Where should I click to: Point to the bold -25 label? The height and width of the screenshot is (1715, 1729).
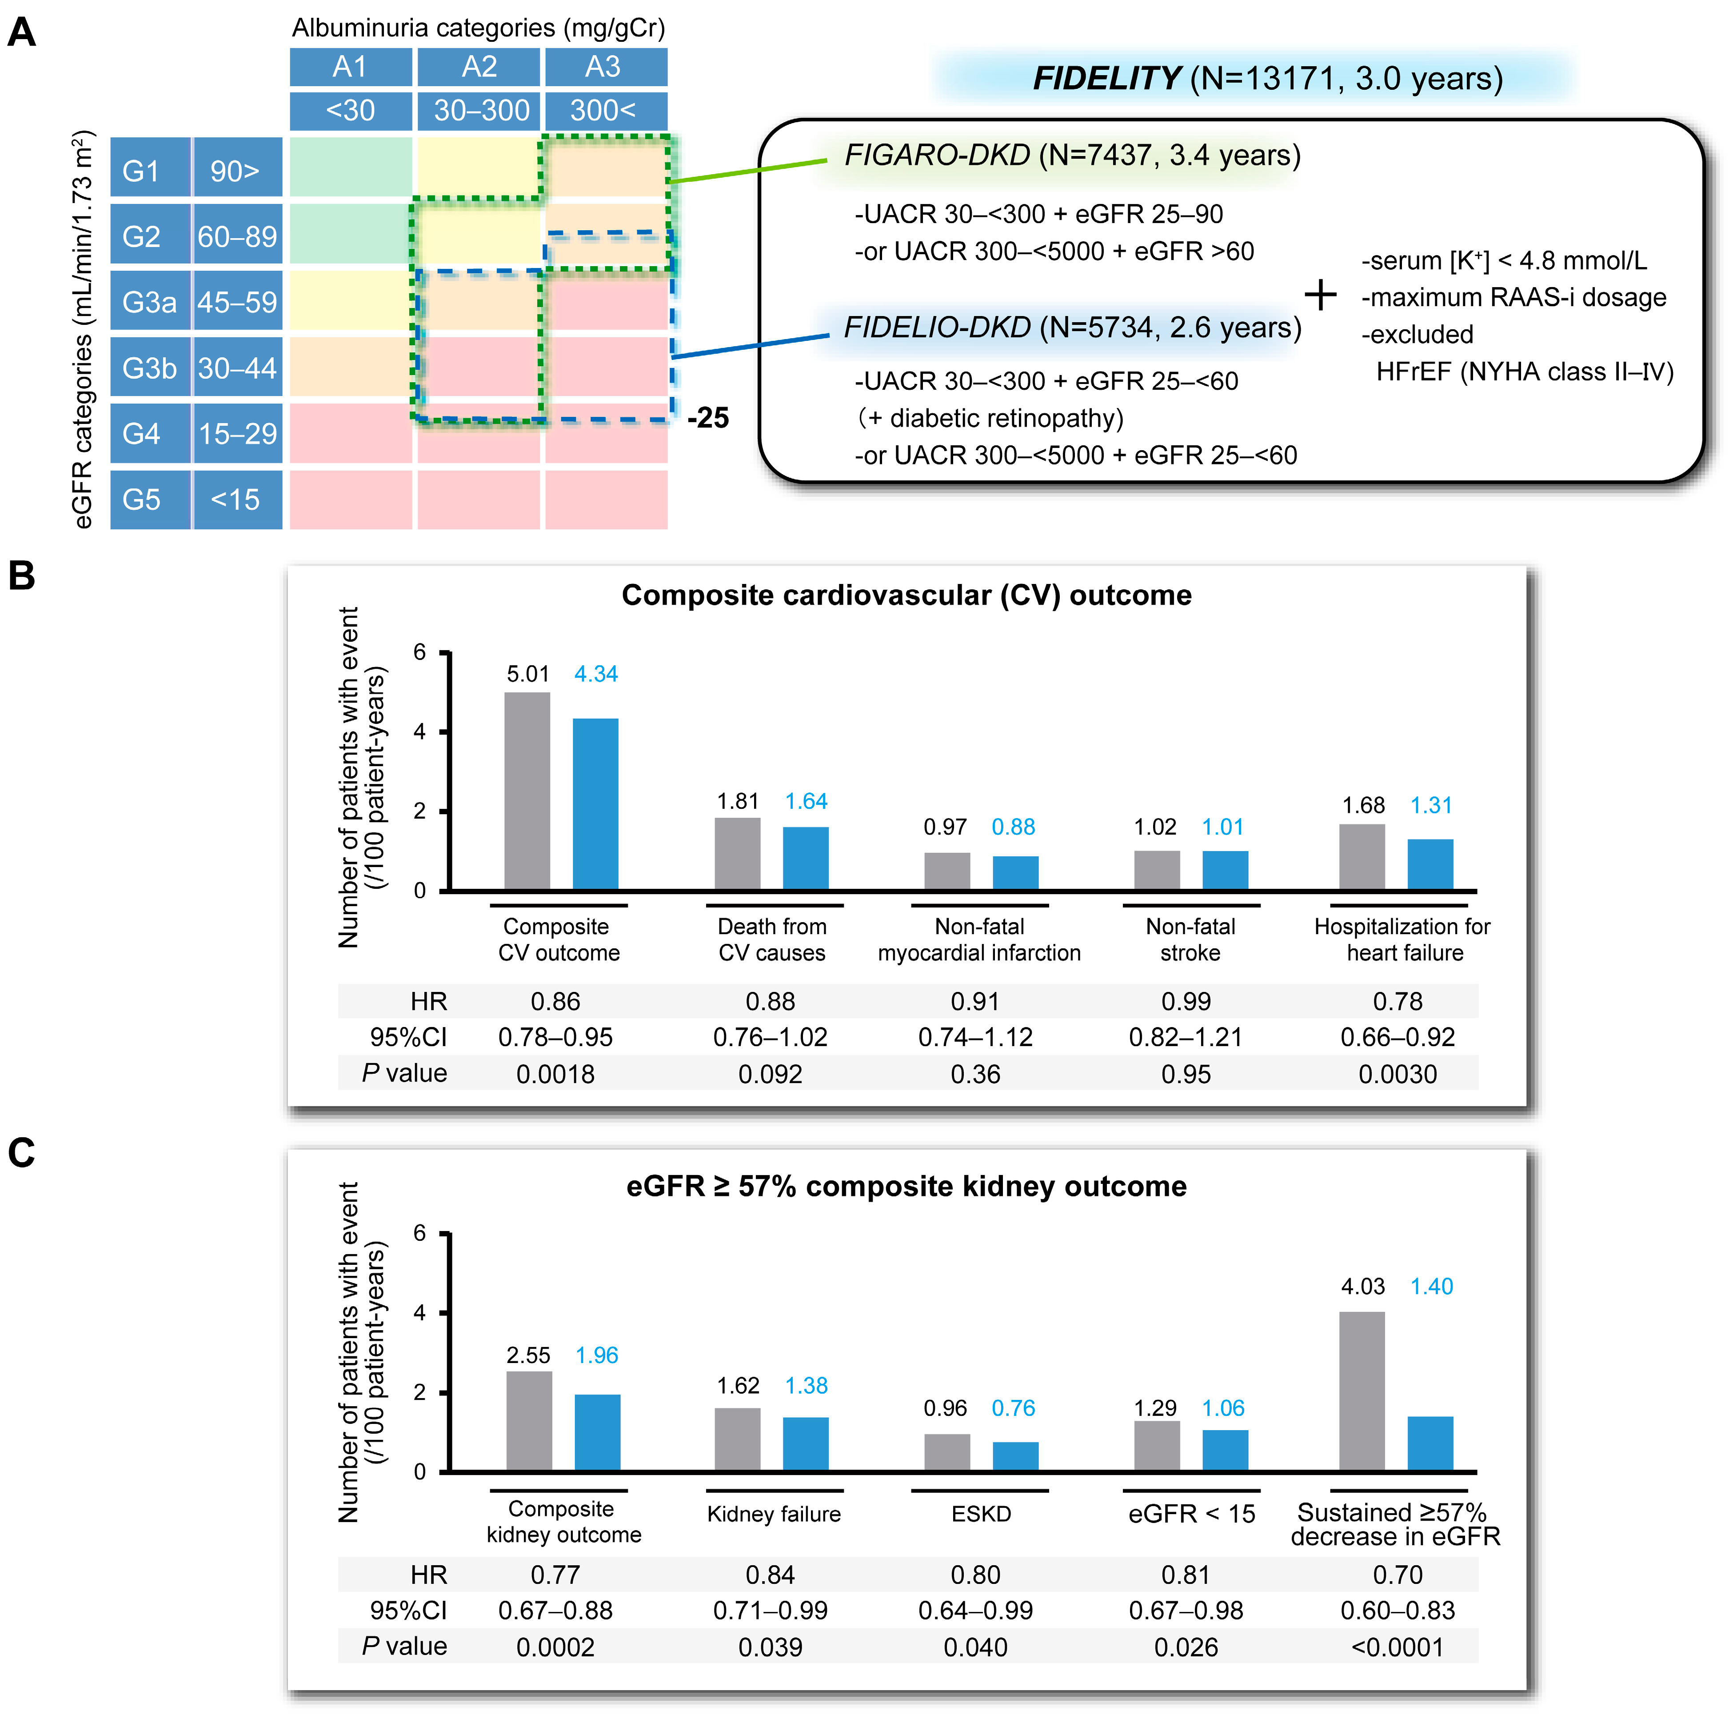click(708, 418)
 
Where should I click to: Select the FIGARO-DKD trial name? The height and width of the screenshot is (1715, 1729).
click(937, 156)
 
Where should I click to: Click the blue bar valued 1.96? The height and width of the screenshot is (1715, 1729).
click(597, 1432)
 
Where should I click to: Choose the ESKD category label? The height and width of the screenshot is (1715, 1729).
click(981, 1514)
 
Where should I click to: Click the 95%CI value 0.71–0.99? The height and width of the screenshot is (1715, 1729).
click(770, 1610)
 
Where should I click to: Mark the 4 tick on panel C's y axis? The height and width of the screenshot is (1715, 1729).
click(420, 1313)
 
